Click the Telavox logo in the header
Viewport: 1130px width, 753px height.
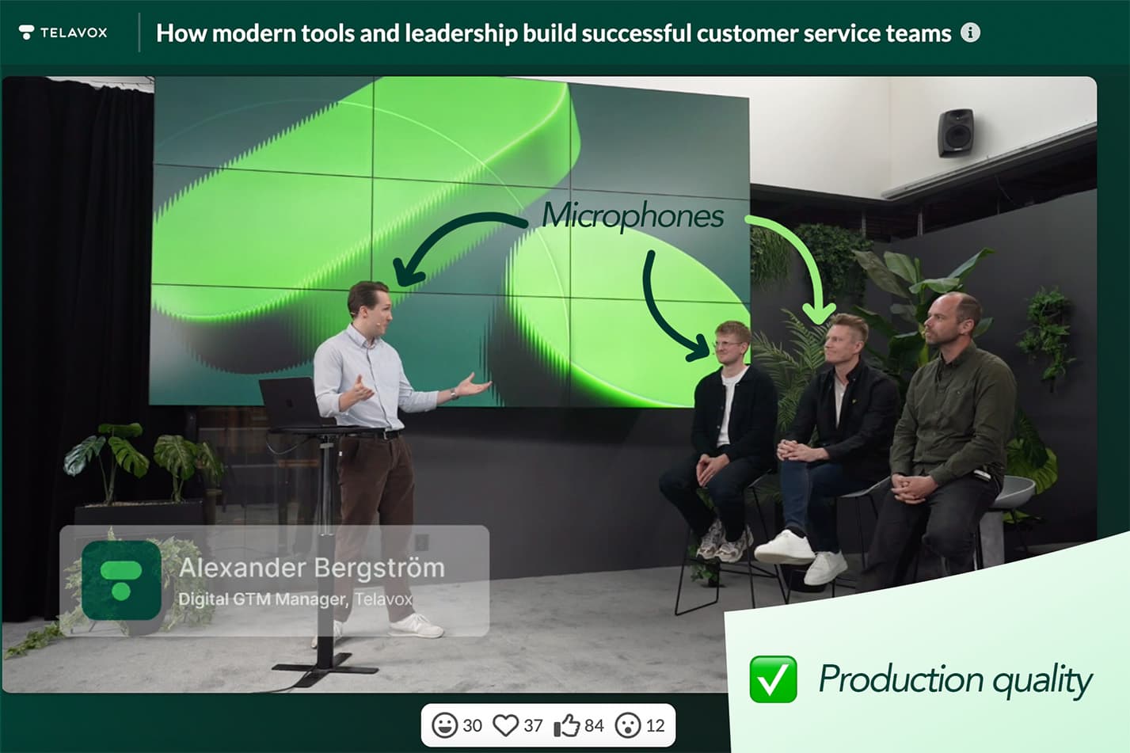pos(63,32)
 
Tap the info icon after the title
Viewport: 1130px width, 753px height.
pos(970,32)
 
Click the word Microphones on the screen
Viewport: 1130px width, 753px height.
pos(633,215)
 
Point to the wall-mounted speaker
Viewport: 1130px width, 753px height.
pos(955,131)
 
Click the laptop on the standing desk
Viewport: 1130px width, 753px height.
pos(290,402)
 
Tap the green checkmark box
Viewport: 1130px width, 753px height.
pos(773,679)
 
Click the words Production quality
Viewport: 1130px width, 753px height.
pos(955,679)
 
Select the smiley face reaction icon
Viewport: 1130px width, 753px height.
pos(445,725)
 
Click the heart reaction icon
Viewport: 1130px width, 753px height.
pos(505,725)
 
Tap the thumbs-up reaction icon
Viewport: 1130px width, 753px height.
pos(566,725)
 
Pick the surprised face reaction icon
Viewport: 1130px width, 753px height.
pos(628,725)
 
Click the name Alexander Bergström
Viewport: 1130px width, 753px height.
pos(311,568)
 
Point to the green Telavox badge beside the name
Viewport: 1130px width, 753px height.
pos(121,580)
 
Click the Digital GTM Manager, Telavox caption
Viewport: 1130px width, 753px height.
pos(295,599)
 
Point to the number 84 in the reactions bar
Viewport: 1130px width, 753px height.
pos(594,725)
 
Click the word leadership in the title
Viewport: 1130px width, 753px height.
pos(461,33)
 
